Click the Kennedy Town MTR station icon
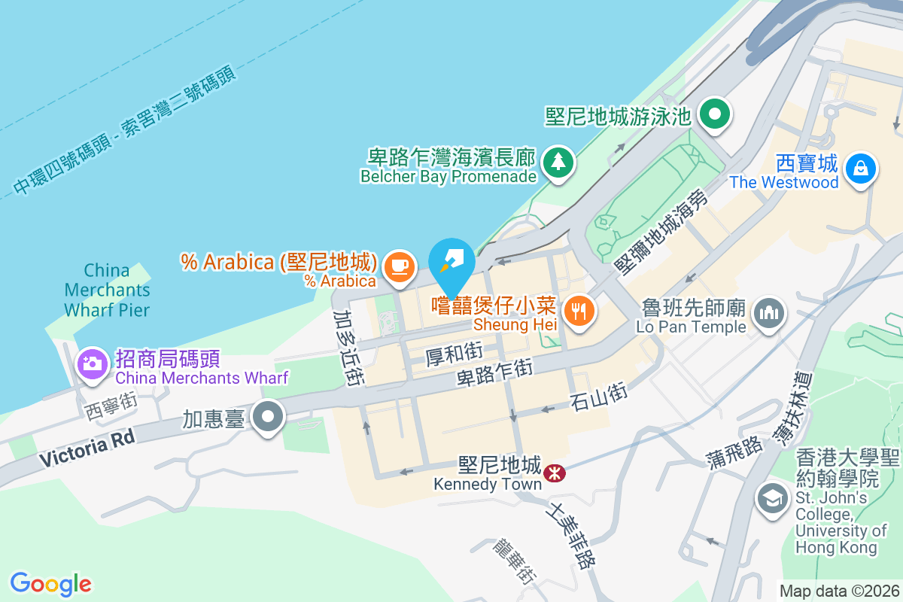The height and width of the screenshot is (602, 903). pos(555,473)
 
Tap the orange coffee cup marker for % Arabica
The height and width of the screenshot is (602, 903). pos(399,266)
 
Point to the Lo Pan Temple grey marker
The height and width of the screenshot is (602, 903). pos(768,312)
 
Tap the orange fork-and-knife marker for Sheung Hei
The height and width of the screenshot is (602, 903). pos(579,310)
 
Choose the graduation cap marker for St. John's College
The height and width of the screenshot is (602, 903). pos(771,500)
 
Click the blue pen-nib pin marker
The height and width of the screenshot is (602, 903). pos(451,260)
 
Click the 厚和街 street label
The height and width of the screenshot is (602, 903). pos(454,351)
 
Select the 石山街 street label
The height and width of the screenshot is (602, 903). pos(598,398)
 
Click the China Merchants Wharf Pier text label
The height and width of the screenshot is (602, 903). pos(107,290)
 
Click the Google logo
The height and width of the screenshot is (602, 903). pos(51,584)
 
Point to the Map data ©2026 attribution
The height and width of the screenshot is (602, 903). pos(839,591)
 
